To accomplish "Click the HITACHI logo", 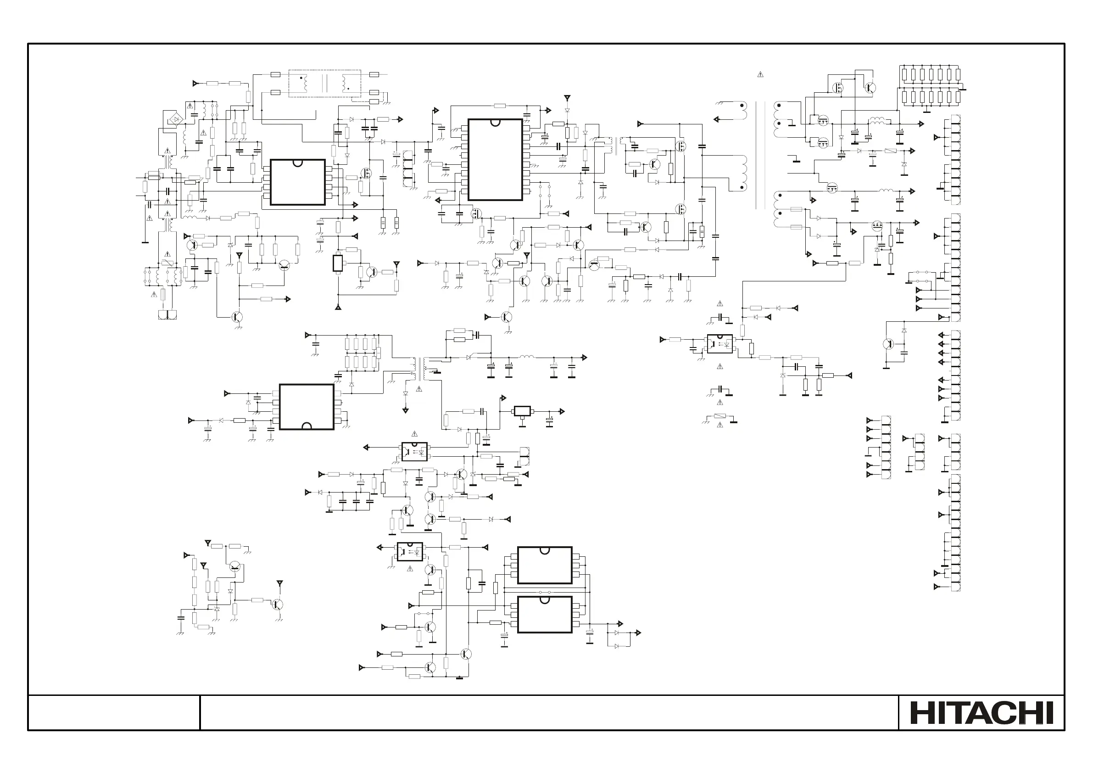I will [981, 713].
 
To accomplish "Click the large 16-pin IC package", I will [495, 160].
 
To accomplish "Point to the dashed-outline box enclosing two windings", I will [325, 84].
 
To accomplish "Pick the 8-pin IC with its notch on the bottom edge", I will [306, 407].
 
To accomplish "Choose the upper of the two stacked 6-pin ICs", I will [545, 566].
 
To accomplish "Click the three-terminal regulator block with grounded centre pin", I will [522, 411].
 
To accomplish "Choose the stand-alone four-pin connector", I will [919, 452].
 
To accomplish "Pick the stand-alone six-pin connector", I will [886, 447].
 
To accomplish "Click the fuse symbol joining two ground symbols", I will [720, 417].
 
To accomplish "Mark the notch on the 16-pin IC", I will [495, 123].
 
